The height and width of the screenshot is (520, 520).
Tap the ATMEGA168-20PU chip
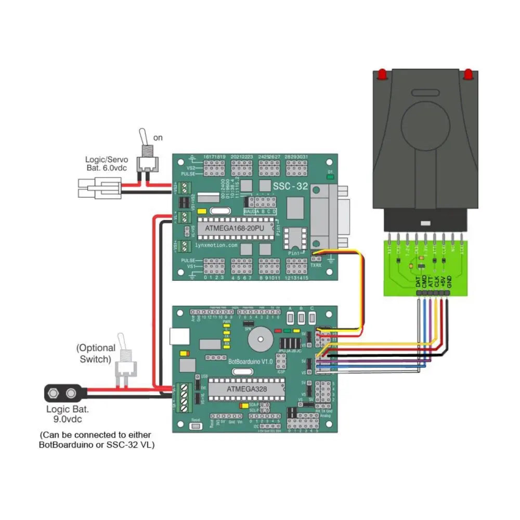click(235, 227)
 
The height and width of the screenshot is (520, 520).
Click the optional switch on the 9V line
click(125, 364)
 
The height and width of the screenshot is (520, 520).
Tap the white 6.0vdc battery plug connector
click(99, 188)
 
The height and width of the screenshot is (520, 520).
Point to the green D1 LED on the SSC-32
click(330, 177)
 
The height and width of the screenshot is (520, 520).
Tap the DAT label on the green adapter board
click(418, 281)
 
